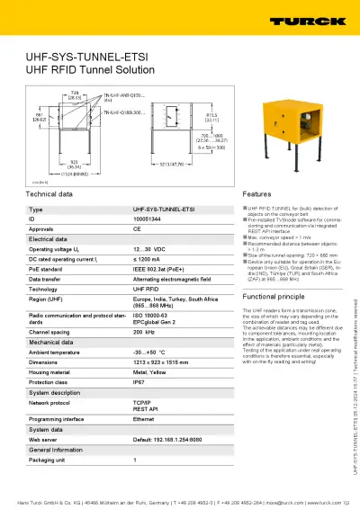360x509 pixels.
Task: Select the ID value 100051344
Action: tap(148, 219)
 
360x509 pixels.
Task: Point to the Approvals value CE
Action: tap(137, 228)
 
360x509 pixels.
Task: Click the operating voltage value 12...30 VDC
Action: tap(149, 248)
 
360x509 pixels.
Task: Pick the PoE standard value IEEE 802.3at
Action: tap(158, 269)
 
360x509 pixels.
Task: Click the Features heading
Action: tap(257, 194)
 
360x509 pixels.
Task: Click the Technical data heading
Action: tap(49, 194)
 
